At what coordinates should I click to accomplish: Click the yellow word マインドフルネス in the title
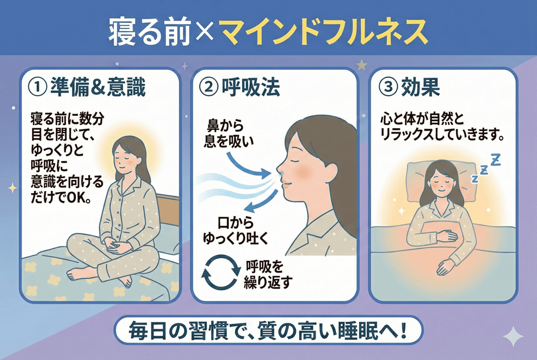(x=323, y=32)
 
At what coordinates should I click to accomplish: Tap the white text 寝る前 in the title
(x=149, y=32)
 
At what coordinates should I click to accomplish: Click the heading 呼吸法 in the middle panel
(x=250, y=87)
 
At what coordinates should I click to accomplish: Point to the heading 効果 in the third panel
(x=420, y=87)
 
